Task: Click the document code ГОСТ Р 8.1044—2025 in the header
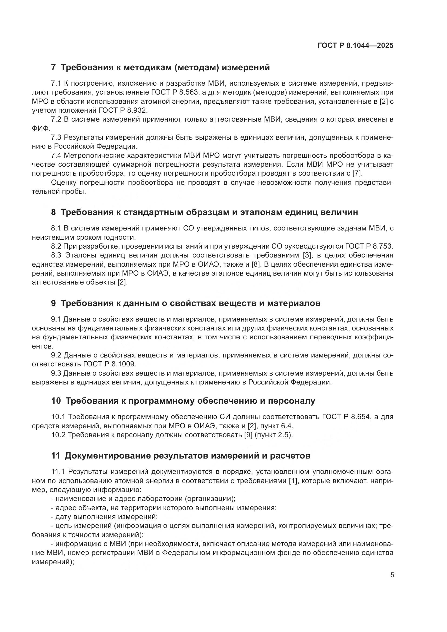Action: tap(355, 46)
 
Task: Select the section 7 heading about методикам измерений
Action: tap(161, 68)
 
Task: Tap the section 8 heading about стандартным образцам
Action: tap(205, 212)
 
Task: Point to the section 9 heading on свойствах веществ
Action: tap(186, 303)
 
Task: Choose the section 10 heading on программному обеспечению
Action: tap(183, 401)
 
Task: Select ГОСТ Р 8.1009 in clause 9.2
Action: tap(109, 364)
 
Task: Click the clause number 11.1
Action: tap(58, 472)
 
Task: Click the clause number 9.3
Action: tap(56, 373)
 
